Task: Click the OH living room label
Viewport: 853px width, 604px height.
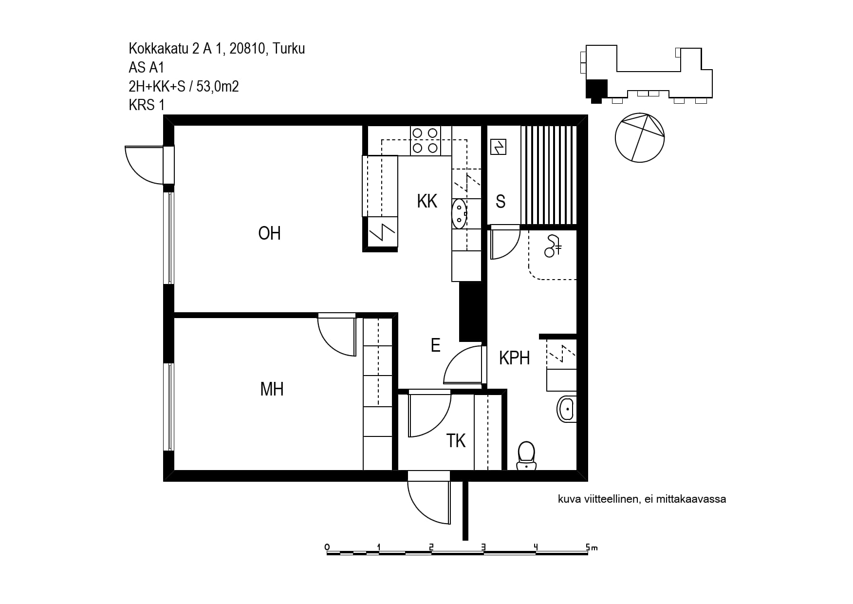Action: pos(269,233)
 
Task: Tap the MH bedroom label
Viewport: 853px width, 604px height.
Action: pos(272,389)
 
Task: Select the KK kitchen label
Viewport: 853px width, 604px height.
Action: pos(427,201)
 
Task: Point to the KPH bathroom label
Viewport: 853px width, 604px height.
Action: pos(514,358)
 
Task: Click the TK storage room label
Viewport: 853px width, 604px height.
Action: pos(456,441)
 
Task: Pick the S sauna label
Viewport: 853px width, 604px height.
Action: pos(501,202)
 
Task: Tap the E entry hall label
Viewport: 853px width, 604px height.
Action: pos(436,345)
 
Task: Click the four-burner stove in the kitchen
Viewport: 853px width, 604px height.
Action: pos(426,140)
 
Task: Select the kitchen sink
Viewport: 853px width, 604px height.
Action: pos(459,213)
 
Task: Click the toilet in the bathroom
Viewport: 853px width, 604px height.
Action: pos(526,455)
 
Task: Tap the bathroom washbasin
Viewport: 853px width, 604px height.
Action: pos(567,409)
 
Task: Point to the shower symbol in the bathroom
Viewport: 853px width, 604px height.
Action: pos(553,245)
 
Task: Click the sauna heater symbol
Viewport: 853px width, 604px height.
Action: pos(498,147)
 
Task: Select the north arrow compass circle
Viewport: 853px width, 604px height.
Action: pos(639,138)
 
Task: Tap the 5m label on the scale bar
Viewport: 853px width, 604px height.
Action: pos(592,547)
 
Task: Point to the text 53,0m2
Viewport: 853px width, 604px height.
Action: pos(218,86)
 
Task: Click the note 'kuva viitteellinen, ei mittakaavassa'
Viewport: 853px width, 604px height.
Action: pos(642,499)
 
